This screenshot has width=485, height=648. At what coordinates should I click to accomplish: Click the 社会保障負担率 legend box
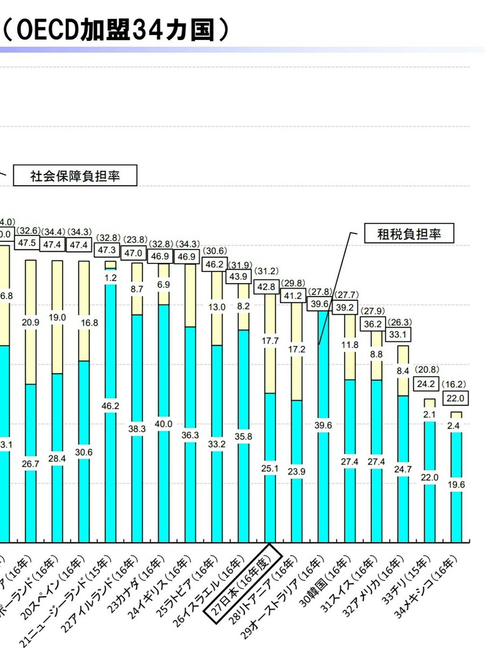74,177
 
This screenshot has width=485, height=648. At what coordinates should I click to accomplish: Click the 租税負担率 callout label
409,234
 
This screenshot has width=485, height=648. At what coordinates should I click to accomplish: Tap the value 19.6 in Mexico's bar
456,485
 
